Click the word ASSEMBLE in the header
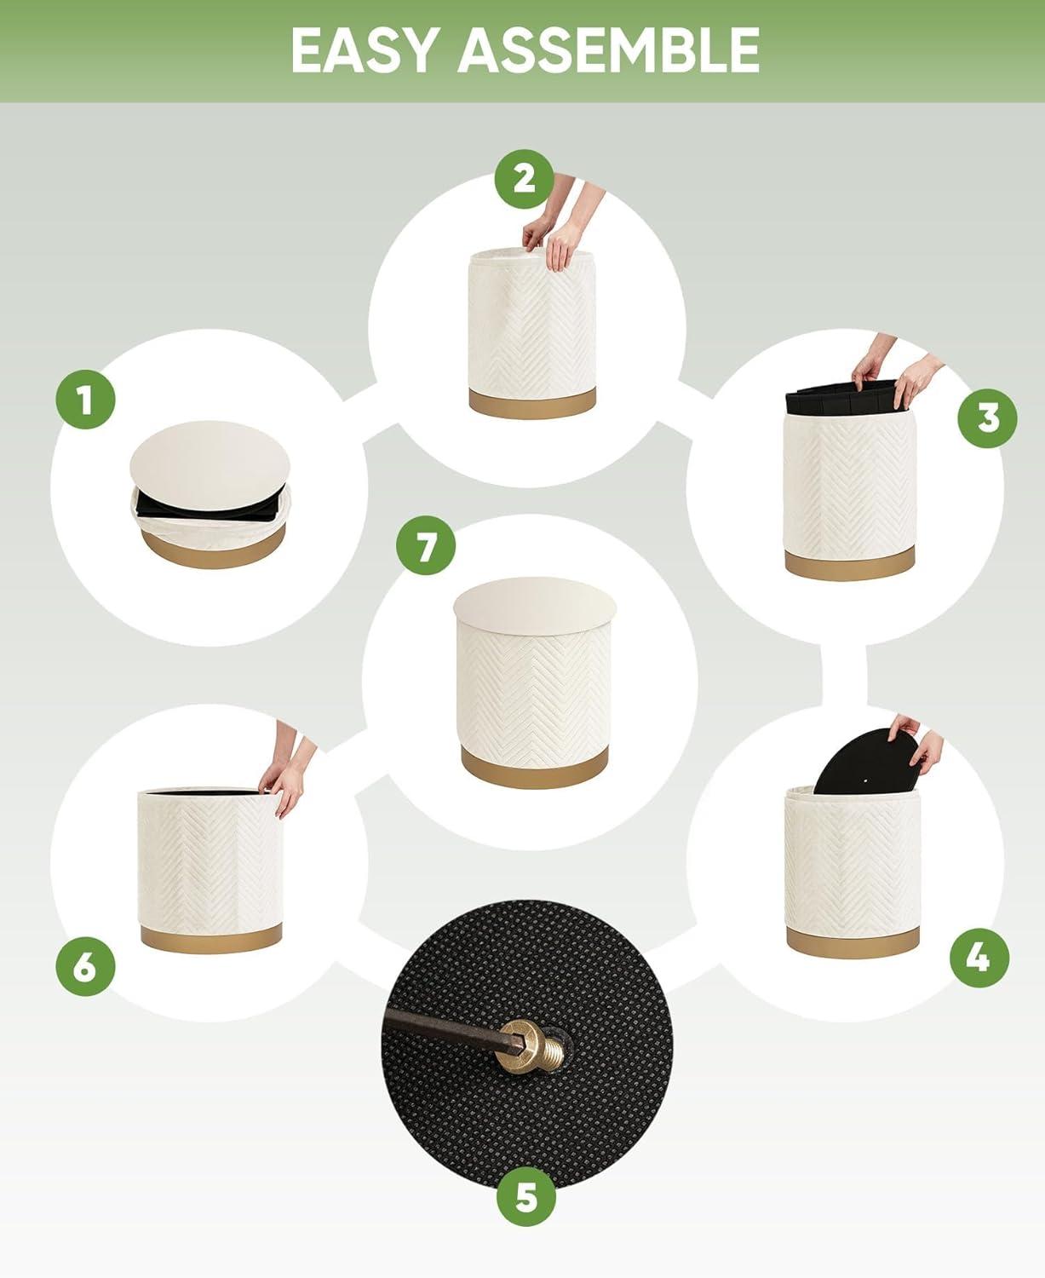(x=609, y=50)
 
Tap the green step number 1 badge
(x=85, y=400)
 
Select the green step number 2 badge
(x=525, y=180)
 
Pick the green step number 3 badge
(x=987, y=418)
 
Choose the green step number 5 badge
(x=526, y=1196)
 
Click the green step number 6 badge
(x=85, y=966)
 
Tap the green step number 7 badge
(x=426, y=545)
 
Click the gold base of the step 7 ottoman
(x=534, y=766)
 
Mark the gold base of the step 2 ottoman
(x=532, y=402)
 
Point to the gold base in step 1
(x=213, y=547)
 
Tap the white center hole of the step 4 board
(x=868, y=780)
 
